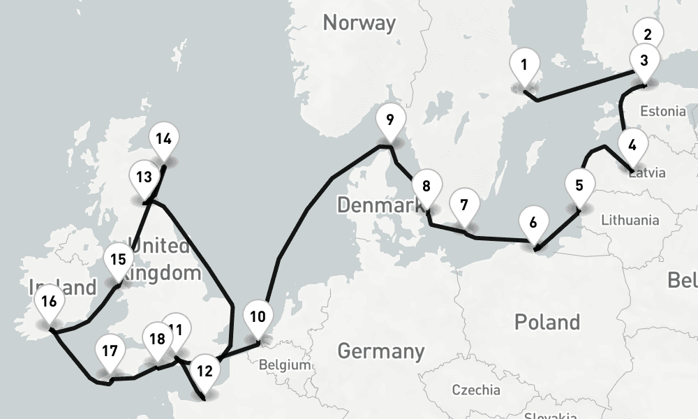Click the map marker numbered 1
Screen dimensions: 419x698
point(523,66)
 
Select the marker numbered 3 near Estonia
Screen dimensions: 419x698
point(644,61)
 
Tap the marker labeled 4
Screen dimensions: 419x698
point(632,146)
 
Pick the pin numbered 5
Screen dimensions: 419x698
point(579,186)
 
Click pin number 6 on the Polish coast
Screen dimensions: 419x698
point(533,223)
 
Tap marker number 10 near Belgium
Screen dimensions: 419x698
point(258,317)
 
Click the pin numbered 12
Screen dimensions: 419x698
point(204,372)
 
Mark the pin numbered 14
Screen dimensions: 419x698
point(163,139)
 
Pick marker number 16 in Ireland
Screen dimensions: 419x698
point(48,302)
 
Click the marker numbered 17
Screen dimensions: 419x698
point(109,351)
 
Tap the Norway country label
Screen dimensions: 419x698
point(359,23)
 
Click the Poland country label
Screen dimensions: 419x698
point(547,322)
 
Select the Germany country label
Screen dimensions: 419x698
point(380,351)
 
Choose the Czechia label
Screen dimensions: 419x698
point(475,390)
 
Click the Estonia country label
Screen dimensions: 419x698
point(662,111)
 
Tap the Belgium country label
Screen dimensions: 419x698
point(284,365)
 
